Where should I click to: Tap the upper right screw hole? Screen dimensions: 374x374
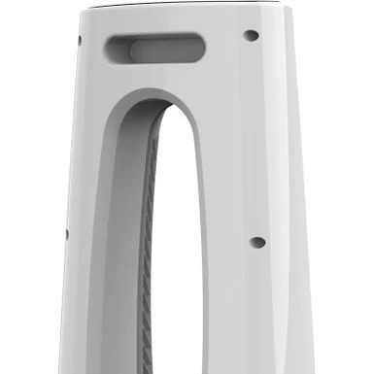pos(251,36)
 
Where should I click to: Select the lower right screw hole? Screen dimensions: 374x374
pos(257,242)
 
